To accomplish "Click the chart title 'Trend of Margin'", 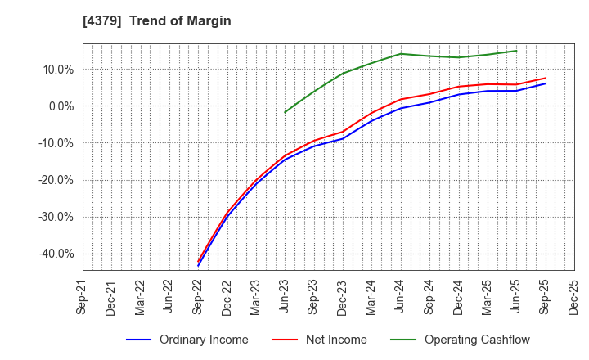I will pyautogui.click(x=180, y=21).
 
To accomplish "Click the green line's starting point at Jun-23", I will pyautogui.click(x=285, y=113).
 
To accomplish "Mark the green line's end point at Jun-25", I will pyautogui.click(x=516, y=51).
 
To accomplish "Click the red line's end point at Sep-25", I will pyautogui.click(x=546, y=79).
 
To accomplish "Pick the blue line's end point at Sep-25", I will pyautogui.click(x=546, y=83).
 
